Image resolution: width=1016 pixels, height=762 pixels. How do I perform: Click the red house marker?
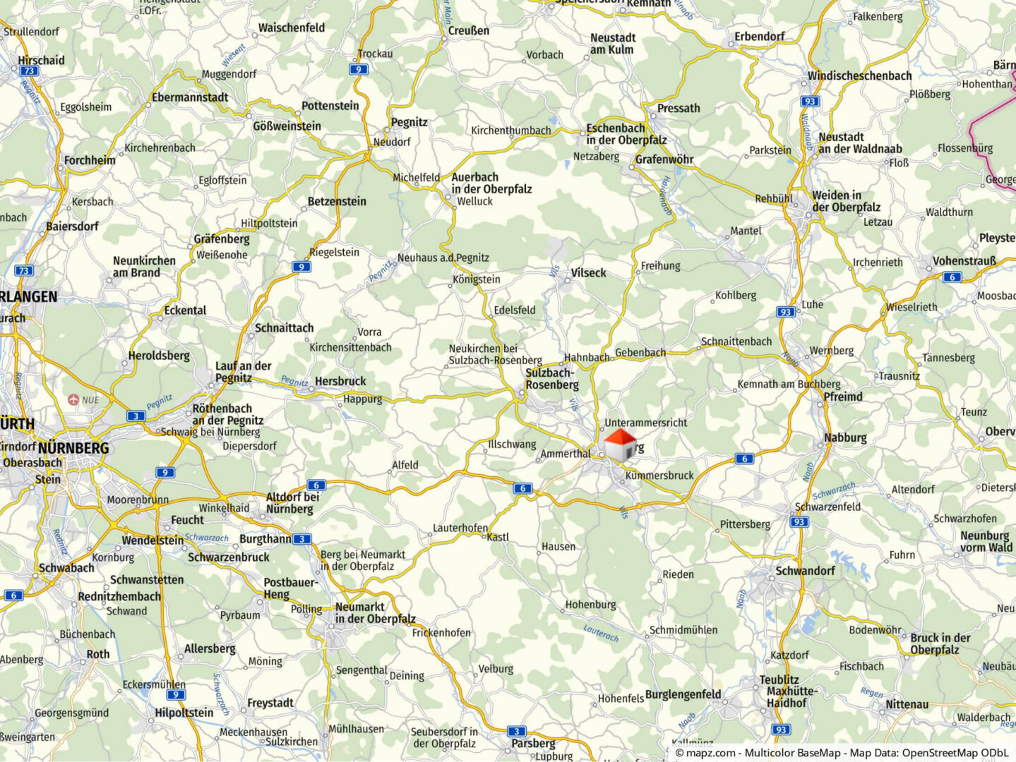(x=621, y=445)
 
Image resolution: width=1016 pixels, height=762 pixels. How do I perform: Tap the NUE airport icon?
(x=73, y=399)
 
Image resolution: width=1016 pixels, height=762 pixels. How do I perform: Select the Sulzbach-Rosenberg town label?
(x=551, y=379)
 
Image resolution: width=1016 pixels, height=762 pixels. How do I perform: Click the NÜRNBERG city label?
(x=73, y=448)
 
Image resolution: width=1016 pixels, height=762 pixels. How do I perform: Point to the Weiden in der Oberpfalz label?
(x=846, y=201)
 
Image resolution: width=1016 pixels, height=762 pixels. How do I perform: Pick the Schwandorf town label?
(x=805, y=571)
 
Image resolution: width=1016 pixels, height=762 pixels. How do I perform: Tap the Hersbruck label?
(x=340, y=381)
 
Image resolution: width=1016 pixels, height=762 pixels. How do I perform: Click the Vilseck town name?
(x=588, y=273)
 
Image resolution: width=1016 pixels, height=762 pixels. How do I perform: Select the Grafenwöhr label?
(x=664, y=159)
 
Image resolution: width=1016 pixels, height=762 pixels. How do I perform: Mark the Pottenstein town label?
(x=330, y=106)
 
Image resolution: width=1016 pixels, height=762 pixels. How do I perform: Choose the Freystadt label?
(x=270, y=703)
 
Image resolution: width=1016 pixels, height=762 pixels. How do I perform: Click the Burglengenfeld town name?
(x=683, y=694)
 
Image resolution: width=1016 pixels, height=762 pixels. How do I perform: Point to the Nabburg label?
(x=844, y=437)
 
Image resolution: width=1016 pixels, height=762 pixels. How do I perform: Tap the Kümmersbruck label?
(x=659, y=476)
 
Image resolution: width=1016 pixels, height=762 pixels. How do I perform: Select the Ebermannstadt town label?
(x=190, y=97)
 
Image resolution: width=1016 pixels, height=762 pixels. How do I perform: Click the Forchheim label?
(x=90, y=160)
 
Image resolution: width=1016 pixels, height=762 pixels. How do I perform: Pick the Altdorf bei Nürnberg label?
(x=292, y=503)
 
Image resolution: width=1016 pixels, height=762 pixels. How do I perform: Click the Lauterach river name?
(x=601, y=633)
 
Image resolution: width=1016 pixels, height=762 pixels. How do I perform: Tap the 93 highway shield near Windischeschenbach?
(x=810, y=101)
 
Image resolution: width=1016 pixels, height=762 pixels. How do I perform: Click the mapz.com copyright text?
(x=841, y=753)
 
